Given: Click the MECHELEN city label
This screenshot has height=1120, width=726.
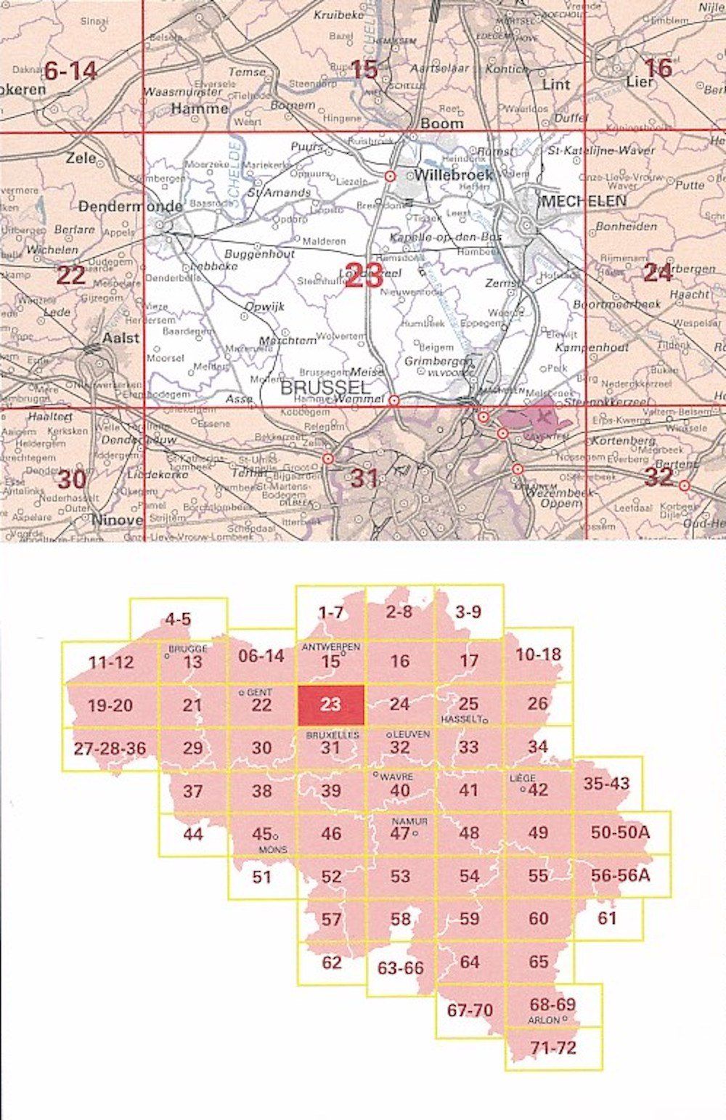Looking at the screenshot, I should point(583,201).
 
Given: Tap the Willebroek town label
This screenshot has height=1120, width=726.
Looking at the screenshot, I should point(454,174).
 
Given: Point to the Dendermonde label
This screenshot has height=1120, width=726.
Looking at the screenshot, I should point(130,206).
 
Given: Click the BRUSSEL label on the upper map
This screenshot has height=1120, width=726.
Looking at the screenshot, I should point(325,388).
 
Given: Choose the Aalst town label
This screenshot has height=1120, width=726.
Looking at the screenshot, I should point(120,338).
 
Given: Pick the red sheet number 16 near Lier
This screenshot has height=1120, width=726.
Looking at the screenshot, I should point(658,68).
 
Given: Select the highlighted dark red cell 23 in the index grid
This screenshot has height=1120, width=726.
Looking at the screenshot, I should point(330,704).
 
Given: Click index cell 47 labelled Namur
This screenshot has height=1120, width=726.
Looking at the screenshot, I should point(400,833).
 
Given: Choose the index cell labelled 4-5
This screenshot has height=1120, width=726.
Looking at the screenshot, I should point(178,620).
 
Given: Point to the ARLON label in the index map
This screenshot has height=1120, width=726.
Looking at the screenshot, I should point(544,1020).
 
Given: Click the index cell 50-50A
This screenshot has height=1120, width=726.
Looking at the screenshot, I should point(621,833).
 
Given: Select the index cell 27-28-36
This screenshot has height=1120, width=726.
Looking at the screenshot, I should point(108,748).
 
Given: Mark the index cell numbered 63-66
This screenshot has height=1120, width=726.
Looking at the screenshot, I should point(400,967).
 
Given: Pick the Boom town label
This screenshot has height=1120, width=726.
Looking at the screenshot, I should point(441,123).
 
